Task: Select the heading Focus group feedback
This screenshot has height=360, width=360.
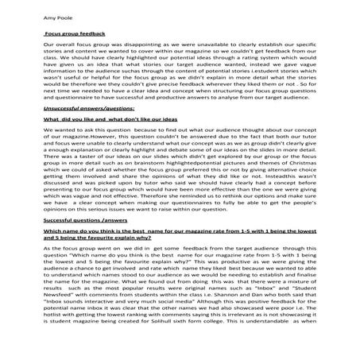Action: pos(72,37)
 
